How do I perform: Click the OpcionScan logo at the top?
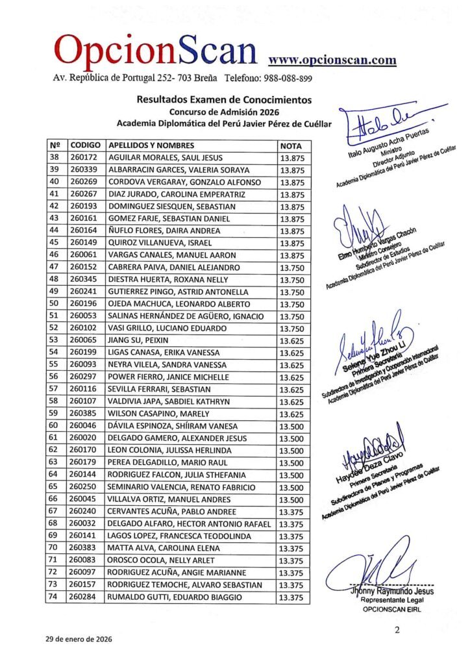click(156, 51)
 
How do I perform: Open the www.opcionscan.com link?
click(332, 60)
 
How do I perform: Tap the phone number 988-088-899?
click(288, 79)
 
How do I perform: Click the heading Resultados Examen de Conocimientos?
click(223, 100)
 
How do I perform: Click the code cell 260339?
click(83, 169)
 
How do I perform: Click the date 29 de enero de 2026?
click(79, 639)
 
